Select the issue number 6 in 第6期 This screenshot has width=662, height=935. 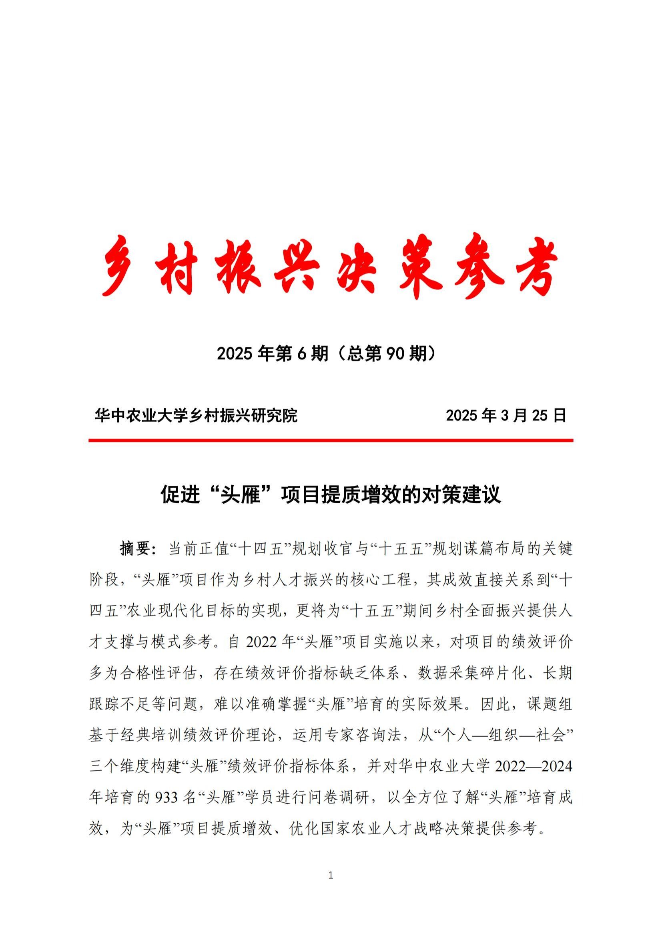coord(302,354)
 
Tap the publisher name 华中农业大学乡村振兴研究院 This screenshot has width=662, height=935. coord(196,415)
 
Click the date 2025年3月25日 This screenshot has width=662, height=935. coord(506,415)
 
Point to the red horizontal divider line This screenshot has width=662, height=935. coord(331,440)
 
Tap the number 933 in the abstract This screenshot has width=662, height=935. coord(167,797)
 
